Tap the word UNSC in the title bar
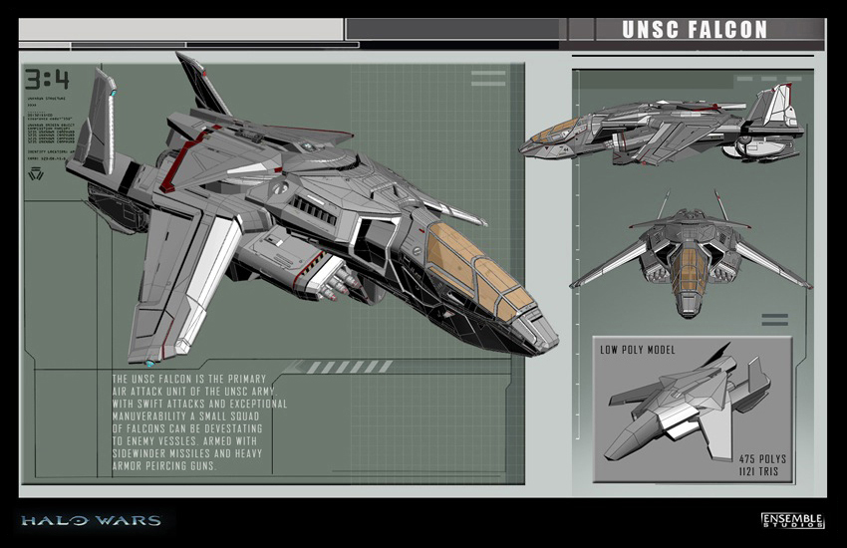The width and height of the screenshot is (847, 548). point(647,29)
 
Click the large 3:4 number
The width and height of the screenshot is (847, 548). point(47,79)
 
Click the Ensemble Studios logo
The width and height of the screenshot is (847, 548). point(792,520)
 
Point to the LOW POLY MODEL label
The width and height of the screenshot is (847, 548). point(637,351)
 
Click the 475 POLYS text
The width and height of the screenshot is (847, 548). point(762,459)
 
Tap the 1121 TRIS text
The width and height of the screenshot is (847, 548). point(762,472)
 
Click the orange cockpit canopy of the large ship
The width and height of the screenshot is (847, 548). point(475,270)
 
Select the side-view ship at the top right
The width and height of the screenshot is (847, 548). point(663,130)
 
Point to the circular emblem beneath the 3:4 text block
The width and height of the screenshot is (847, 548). point(37,175)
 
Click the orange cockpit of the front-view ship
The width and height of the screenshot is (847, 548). point(691,269)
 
